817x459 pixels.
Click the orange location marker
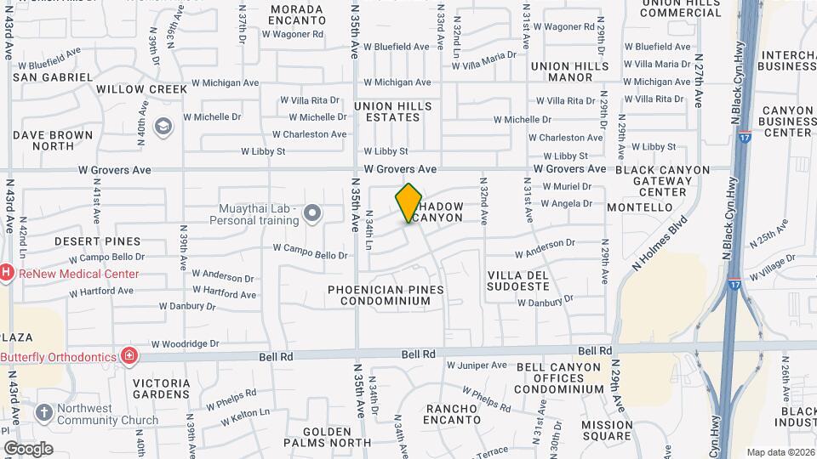click(409, 203)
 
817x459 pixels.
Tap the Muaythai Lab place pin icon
click(312, 213)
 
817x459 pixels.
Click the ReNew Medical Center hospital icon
click(6, 274)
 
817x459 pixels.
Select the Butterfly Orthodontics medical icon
click(129, 355)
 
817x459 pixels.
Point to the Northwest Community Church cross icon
click(44, 413)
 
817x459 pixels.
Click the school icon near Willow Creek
click(162, 126)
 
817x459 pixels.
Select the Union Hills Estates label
click(393, 111)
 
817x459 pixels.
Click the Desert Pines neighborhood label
click(97, 241)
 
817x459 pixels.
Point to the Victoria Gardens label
click(162, 388)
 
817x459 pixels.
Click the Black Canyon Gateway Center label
click(662, 181)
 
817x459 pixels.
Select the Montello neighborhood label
click(640, 207)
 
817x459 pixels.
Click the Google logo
click(28, 448)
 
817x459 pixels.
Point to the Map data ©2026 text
click(780, 452)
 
